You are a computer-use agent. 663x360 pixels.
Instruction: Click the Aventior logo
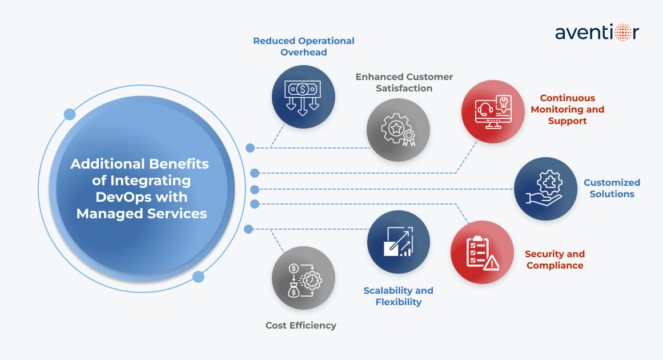pyautogui.click(x=597, y=32)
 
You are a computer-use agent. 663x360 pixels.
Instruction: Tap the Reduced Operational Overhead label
pyautogui.click(x=304, y=47)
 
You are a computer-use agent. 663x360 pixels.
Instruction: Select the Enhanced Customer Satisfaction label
pyautogui.click(x=404, y=82)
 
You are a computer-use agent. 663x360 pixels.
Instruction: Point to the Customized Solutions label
pyautogui.click(x=612, y=189)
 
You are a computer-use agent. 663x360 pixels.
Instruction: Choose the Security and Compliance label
pyautogui.click(x=554, y=259)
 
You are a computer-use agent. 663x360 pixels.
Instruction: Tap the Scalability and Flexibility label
pyautogui.click(x=398, y=296)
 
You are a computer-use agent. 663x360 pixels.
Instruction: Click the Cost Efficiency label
pyautogui.click(x=301, y=326)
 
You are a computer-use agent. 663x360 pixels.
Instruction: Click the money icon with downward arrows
pyautogui.click(x=303, y=97)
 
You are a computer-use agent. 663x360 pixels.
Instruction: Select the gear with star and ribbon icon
pyautogui.click(x=398, y=130)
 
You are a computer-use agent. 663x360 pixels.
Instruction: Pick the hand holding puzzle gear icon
pyautogui.click(x=545, y=189)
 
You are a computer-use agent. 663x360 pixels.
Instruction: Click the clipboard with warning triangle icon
pyautogui.click(x=482, y=253)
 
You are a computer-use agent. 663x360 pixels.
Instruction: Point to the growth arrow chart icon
pyautogui.click(x=398, y=241)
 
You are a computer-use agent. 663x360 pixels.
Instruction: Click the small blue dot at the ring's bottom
pyautogui.click(x=198, y=277)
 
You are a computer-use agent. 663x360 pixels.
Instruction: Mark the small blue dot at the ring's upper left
pyautogui.click(x=70, y=114)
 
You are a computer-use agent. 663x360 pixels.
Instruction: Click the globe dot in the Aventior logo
pyautogui.click(x=621, y=32)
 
